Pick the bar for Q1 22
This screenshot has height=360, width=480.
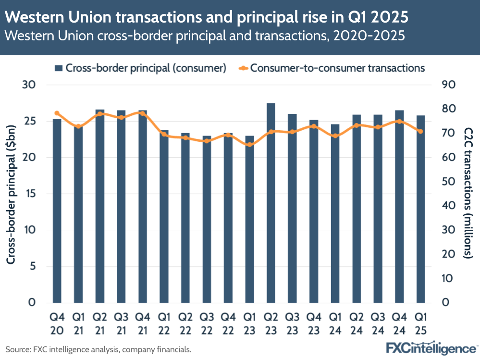(x=164, y=216)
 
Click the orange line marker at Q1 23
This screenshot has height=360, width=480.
(x=249, y=144)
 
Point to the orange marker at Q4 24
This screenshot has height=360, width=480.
(x=399, y=121)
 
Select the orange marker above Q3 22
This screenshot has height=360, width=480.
(x=207, y=141)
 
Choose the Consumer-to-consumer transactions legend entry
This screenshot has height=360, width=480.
(x=332, y=68)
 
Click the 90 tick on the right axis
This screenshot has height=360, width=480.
(x=448, y=85)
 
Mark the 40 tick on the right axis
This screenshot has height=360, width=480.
(x=448, y=206)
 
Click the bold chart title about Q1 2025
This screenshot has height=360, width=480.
(x=207, y=18)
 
